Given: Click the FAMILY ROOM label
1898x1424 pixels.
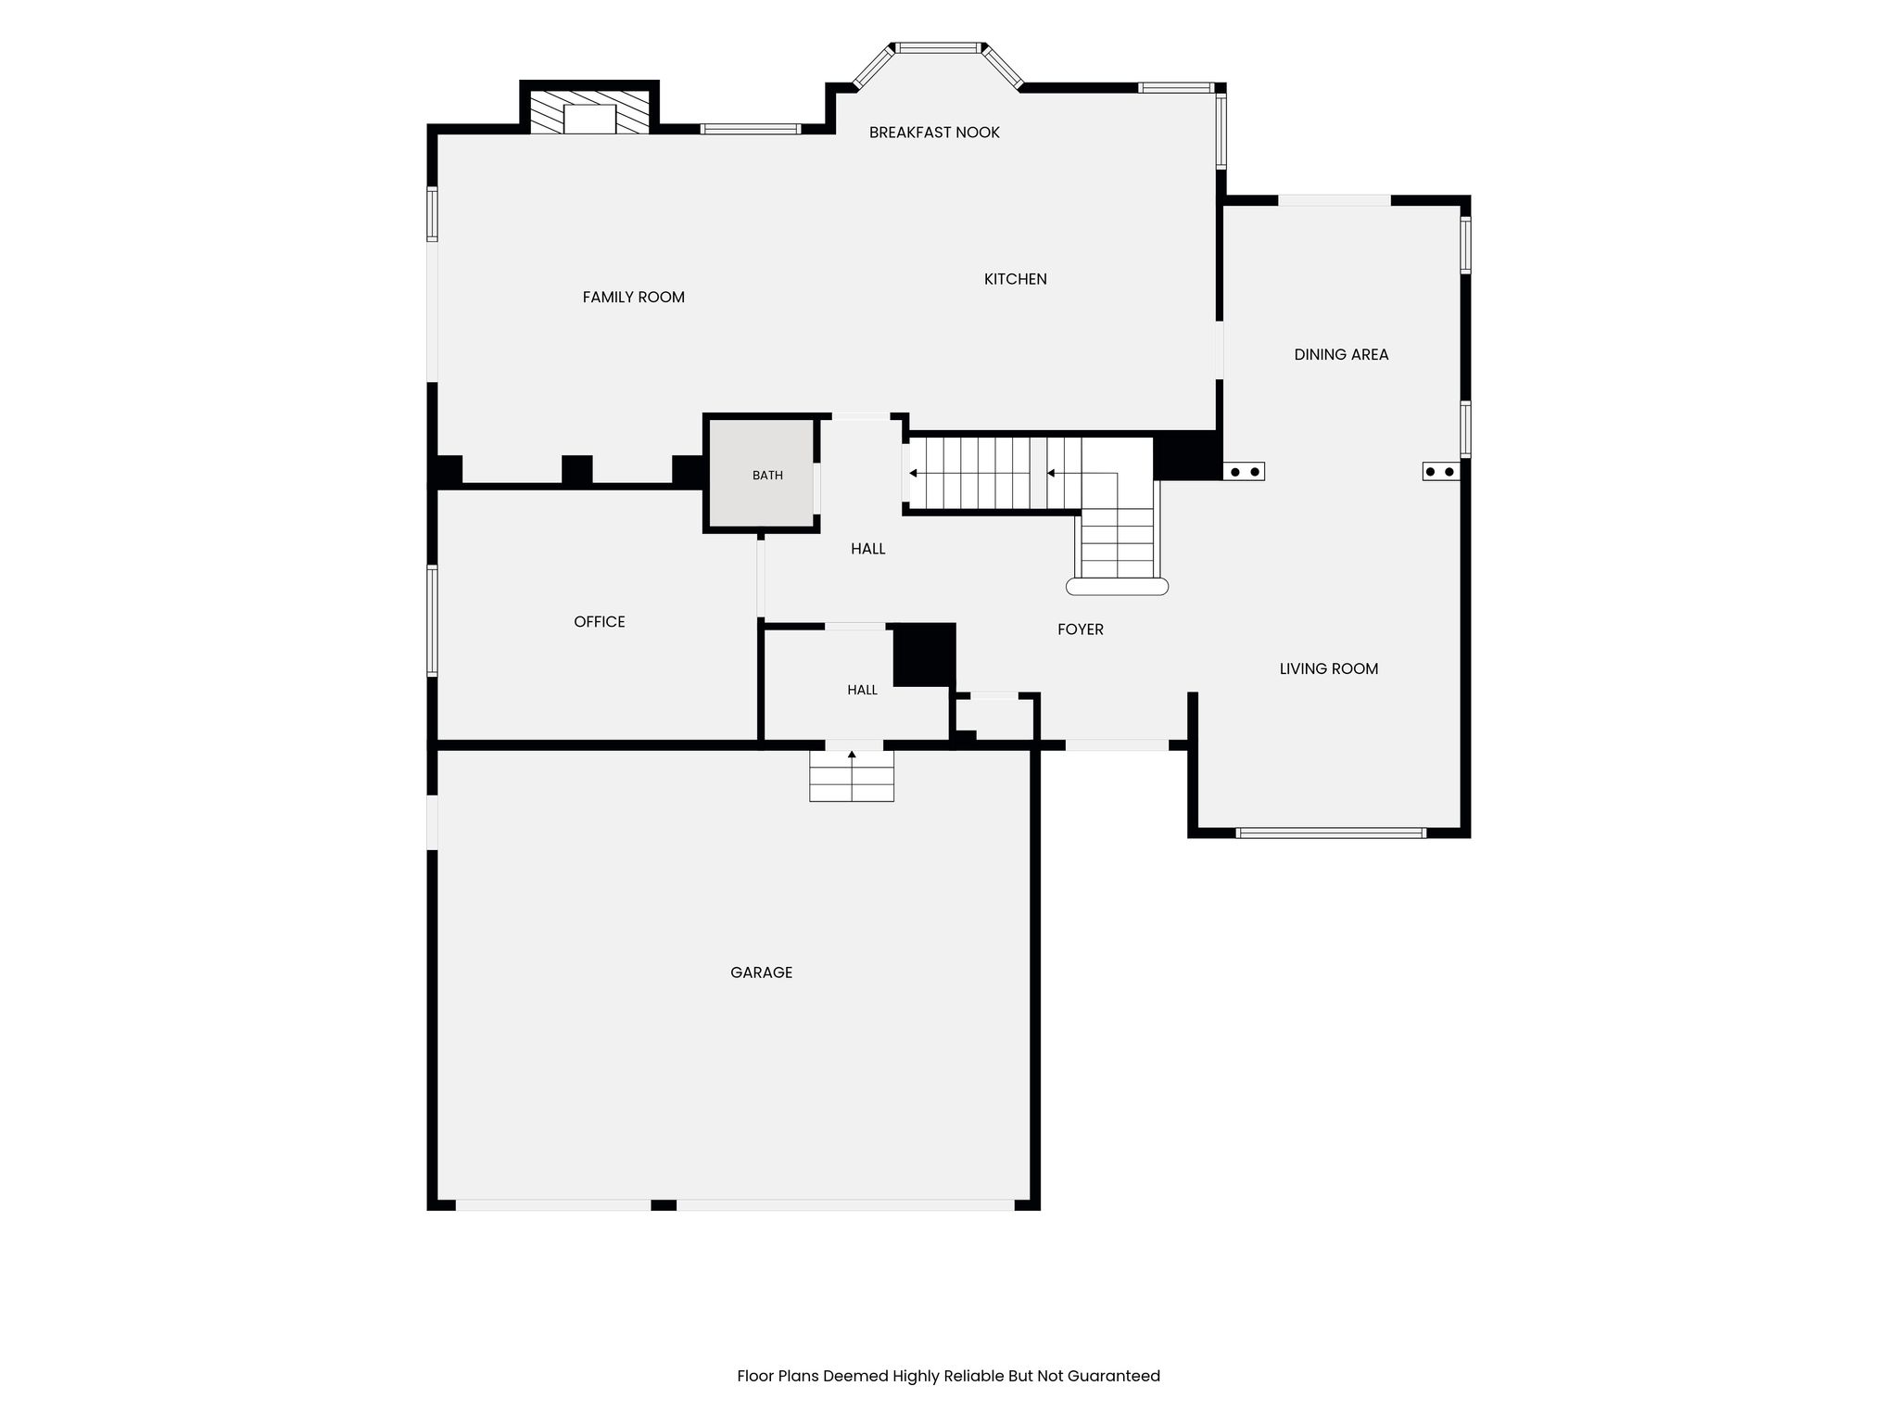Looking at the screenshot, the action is point(634,298).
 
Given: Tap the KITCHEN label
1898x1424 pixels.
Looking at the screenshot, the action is point(1016,279).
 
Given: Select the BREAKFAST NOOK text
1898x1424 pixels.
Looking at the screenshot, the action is point(934,133).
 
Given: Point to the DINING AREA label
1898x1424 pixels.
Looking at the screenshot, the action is point(1341,354).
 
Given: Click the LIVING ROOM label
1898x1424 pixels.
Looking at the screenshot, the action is point(1329,668).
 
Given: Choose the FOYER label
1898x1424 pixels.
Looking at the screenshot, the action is point(1081,629).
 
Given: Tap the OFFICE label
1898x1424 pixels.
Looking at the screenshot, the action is point(600,622).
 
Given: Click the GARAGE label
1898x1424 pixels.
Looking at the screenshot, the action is point(761,973).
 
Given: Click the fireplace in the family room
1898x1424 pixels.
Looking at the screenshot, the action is point(589,112).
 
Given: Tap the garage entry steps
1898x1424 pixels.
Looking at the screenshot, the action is point(852,776).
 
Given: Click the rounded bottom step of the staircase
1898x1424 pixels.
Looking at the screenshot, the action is point(1117,587).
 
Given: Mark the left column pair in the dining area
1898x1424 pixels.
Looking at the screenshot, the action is point(1244,471).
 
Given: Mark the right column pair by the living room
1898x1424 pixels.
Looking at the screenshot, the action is point(1441,471).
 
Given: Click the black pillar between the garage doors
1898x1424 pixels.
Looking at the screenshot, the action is point(664,1205).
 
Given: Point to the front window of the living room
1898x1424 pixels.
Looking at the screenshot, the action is point(1331,833).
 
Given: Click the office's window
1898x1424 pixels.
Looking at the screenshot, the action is point(432,620).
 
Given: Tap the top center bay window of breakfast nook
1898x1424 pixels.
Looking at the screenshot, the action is point(938,47).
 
